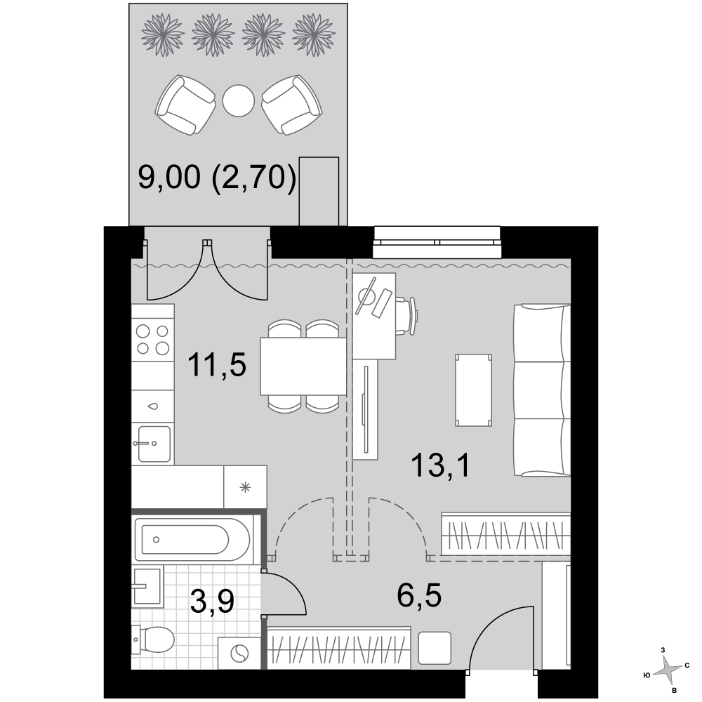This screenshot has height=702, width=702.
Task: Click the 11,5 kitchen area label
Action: [217, 366]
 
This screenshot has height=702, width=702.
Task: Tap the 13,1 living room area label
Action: [441, 465]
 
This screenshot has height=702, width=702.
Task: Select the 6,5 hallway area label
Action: [419, 595]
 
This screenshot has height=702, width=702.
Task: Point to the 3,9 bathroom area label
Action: [212, 602]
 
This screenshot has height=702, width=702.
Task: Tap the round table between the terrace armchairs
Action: [239, 100]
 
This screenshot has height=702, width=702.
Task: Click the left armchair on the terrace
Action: [185, 105]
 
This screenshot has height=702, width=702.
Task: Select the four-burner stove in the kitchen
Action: [152, 340]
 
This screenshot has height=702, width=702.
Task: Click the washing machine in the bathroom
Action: [239, 653]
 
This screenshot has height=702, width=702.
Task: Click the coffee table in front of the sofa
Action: [473, 390]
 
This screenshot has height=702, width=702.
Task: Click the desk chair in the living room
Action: [406, 316]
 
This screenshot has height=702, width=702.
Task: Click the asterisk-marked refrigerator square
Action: [245, 487]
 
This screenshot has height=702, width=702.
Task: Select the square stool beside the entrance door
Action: [435, 648]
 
